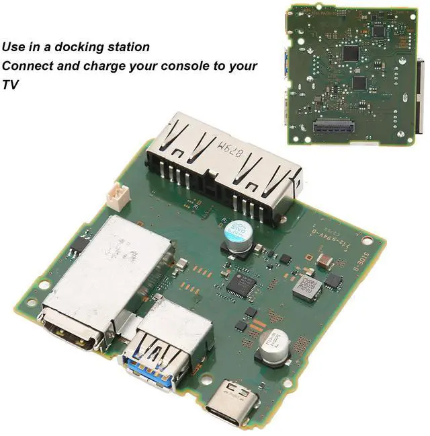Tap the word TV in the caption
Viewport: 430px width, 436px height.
[10, 85]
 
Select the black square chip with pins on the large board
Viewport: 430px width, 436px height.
[240, 285]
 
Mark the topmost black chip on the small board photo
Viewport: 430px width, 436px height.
[351, 53]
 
